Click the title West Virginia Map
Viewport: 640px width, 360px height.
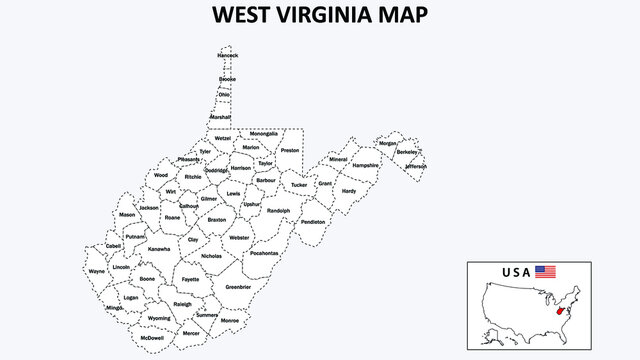[x=319, y=16]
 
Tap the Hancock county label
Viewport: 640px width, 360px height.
[x=228, y=55]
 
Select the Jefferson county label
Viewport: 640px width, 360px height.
[x=415, y=166]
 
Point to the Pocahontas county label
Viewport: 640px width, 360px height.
[x=264, y=253]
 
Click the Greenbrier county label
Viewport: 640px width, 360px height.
[x=238, y=287]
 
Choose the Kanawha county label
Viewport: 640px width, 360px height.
[x=159, y=248]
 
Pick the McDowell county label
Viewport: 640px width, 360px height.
[x=152, y=338]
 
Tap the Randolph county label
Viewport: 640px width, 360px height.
[x=278, y=211]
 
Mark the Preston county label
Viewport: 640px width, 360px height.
[x=290, y=150]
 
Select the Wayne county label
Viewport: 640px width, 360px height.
[x=97, y=271]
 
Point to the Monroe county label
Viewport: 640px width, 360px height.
[x=230, y=321]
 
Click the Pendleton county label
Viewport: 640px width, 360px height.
[x=313, y=222]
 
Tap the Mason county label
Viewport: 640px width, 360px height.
[x=127, y=215]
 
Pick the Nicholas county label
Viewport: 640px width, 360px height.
[x=212, y=256]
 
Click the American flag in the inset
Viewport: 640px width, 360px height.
[x=545, y=271]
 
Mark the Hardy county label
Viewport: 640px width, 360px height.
[x=349, y=190]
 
